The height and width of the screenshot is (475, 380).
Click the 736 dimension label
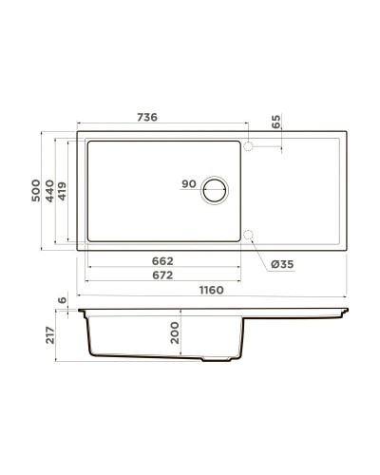tap(145, 117)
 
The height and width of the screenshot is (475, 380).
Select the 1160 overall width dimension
tap(210, 291)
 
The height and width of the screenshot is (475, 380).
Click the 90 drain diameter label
tap(187, 185)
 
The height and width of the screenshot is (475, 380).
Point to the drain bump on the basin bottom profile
tap(218, 361)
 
